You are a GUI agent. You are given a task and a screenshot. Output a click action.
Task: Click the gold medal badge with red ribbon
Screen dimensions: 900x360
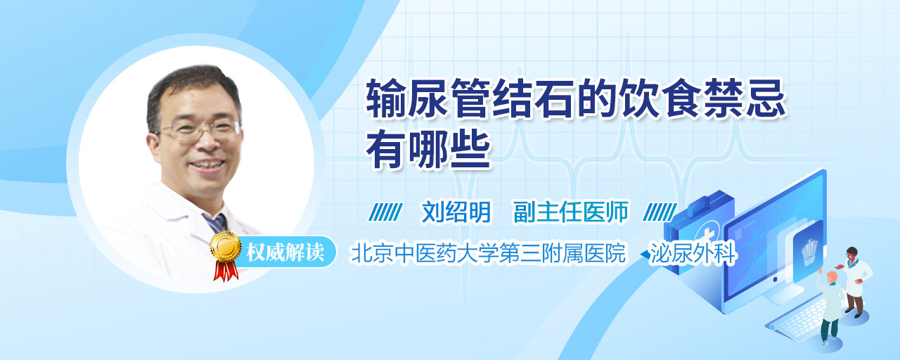[226, 255]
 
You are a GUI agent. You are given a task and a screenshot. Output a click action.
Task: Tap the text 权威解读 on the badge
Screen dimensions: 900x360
[285, 252]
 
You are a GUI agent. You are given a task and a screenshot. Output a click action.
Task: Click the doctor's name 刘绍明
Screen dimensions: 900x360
[456, 212]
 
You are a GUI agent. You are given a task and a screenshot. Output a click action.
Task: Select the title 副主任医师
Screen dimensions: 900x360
[571, 212]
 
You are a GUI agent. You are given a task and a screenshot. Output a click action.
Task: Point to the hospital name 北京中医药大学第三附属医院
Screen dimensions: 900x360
[488, 253]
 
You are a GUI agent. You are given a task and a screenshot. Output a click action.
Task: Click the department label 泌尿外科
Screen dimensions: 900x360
[693, 253]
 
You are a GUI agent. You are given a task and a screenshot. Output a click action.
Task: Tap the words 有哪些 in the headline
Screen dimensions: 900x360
[428, 150]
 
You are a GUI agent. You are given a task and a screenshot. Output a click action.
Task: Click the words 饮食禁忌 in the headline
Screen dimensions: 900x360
[701, 98]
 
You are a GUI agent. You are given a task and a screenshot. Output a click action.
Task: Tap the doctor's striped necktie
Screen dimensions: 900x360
[216, 223]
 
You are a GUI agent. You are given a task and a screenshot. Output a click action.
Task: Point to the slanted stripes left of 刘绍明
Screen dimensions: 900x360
[385, 212]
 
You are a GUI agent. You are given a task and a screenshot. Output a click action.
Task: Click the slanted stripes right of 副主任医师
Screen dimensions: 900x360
[660, 212]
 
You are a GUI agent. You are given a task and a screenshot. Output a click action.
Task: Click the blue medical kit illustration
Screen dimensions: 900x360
[698, 232]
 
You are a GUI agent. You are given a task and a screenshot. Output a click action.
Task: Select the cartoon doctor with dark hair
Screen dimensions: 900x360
[856, 282]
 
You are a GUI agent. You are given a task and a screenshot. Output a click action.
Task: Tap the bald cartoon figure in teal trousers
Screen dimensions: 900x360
[830, 307]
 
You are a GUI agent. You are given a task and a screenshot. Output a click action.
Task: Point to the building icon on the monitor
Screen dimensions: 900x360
[809, 250]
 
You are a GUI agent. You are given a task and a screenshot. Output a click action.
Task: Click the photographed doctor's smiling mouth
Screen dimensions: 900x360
[207, 165]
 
